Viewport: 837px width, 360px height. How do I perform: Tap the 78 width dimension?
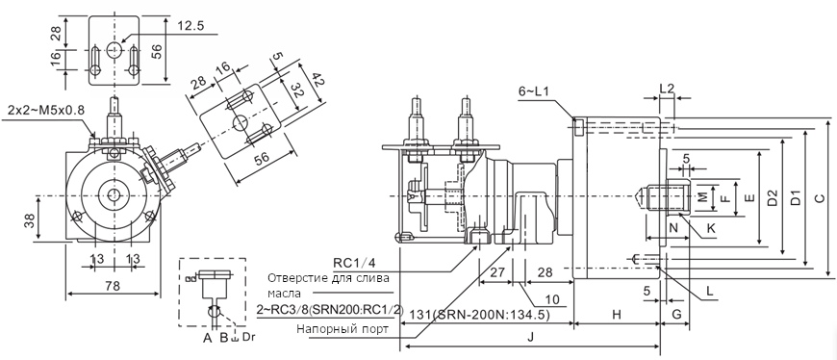[113, 285]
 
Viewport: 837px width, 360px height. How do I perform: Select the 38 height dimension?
[31, 220]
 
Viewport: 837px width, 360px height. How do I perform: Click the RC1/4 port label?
[354, 263]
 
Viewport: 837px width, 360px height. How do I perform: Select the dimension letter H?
[617, 315]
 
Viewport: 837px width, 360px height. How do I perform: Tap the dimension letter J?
[530, 338]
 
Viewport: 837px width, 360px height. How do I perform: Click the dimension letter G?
[676, 315]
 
